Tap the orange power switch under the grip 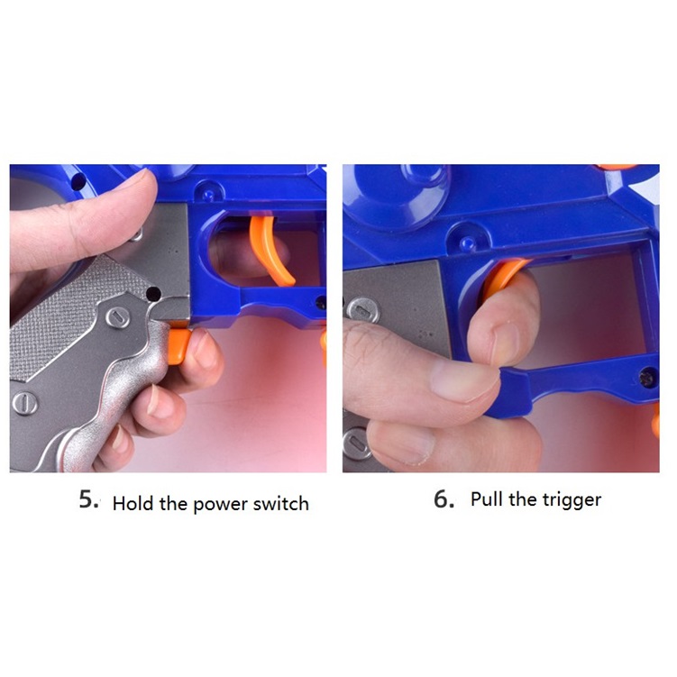178,344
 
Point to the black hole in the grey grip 153,294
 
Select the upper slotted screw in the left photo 118,317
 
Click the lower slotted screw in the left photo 24,403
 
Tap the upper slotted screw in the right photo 363,310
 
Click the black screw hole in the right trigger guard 646,378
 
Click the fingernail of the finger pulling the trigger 504,343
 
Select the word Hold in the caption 133,503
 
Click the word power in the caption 220,505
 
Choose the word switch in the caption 281,503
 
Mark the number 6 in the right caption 443,499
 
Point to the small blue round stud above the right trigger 468,244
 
